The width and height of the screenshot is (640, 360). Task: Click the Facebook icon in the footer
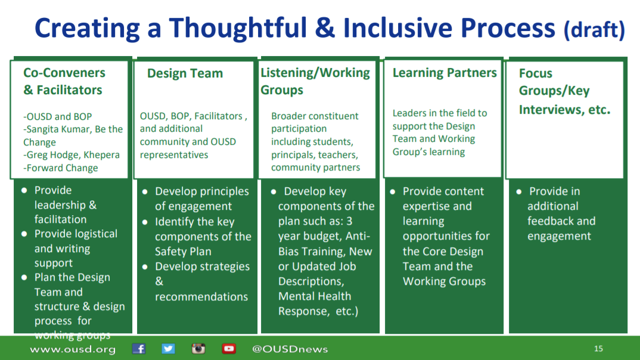[x=139, y=349]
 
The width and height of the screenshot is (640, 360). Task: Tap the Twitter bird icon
[x=168, y=349]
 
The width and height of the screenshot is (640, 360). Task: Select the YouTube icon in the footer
[x=229, y=349]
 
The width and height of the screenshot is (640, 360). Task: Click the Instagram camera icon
[x=198, y=349]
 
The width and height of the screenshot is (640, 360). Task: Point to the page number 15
[x=598, y=349]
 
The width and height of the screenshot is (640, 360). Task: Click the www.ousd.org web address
[x=73, y=349]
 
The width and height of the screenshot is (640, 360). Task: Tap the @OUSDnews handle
[x=290, y=349]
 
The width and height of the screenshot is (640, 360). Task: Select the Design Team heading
[x=185, y=73]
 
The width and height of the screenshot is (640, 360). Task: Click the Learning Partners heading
[x=445, y=73]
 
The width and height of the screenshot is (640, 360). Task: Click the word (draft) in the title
[x=594, y=29]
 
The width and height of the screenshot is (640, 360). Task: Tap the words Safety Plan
[x=183, y=252]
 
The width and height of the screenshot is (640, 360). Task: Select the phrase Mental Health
[x=314, y=296]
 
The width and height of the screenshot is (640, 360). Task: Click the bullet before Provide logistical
[x=24, y=234]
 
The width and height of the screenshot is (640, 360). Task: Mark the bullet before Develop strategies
[x=145, y=267]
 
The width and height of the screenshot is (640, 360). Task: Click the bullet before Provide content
[x=393, y=191]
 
